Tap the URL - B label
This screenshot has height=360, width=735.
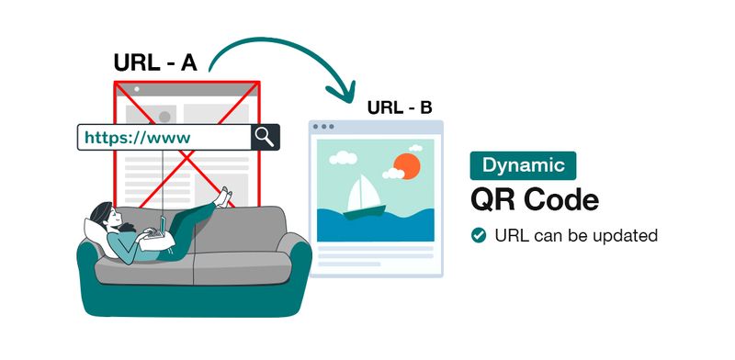(x=400, y=107)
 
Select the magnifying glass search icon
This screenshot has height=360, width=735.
(x=265, y=137)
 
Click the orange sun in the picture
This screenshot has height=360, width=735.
(x=405, y=165)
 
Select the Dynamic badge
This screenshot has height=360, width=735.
(x=523, y=165)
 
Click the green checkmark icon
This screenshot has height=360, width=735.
(x=478, y=235)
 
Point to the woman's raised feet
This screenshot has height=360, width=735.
(x=221, y=196)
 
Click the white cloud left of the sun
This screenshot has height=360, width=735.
(x=343, y=158)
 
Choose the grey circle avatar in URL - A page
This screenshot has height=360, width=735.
(x=165, y=117)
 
